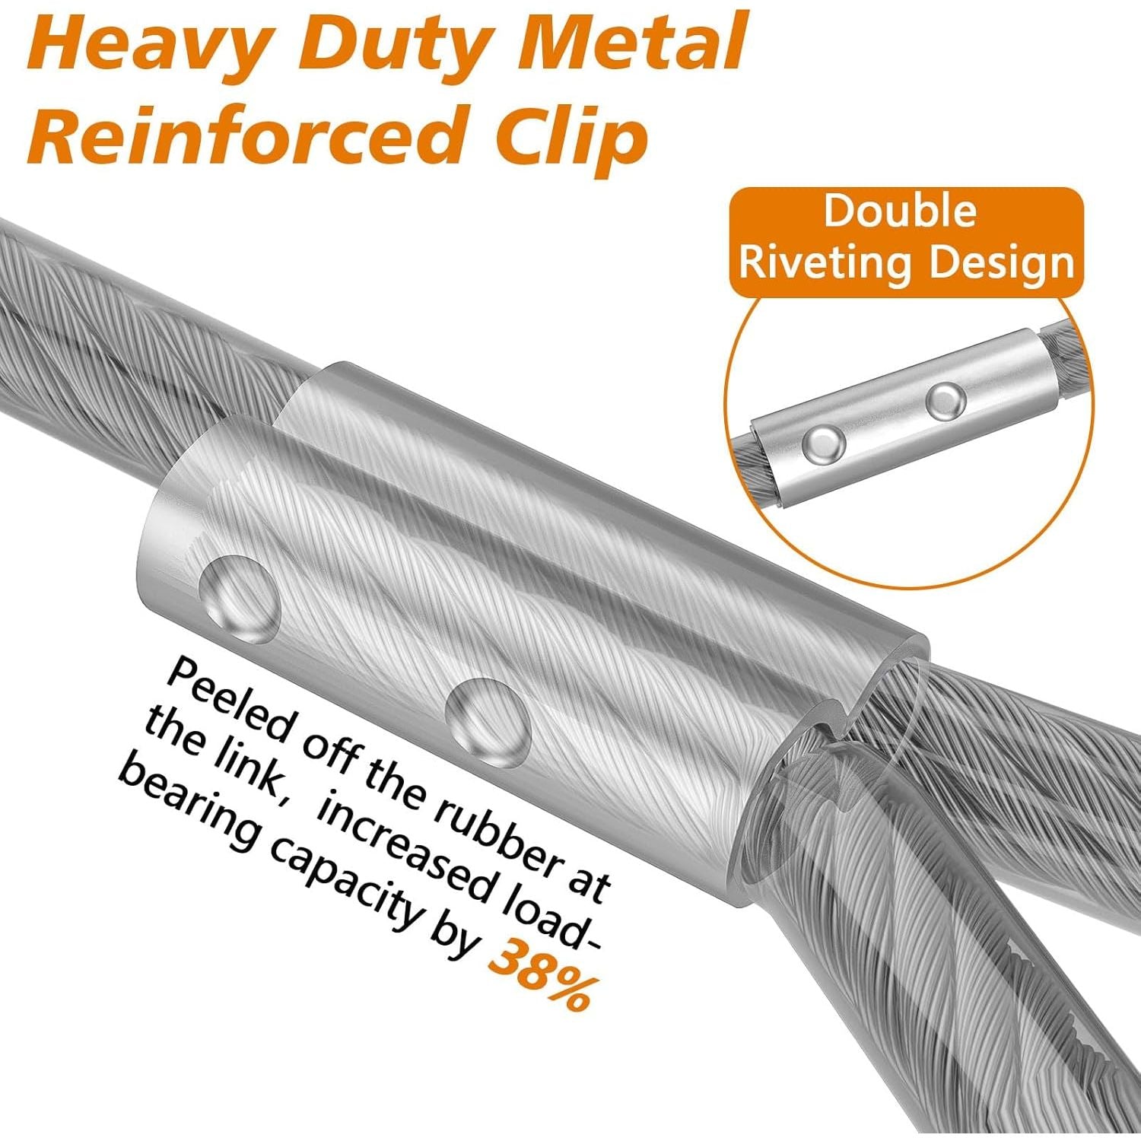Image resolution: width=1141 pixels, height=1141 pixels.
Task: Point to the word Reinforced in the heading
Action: [251, 135]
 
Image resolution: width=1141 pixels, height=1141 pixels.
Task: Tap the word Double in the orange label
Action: [900, 211]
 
